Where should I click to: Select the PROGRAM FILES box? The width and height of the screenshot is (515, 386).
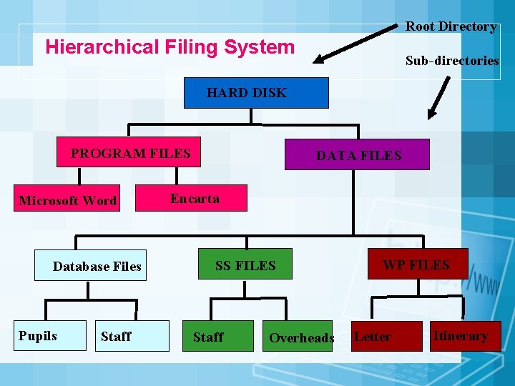[129, 153]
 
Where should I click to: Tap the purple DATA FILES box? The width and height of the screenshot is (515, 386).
[357, 154]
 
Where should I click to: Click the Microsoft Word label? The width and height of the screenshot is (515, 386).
[68, 200]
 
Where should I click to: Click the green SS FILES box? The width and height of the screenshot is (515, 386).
[245, 265]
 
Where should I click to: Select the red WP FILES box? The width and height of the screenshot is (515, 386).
[417, 264]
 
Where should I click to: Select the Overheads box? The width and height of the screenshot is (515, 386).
[301, 337]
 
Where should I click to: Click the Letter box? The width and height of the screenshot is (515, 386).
[387, 336]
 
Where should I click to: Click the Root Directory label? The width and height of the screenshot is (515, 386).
[451, 26]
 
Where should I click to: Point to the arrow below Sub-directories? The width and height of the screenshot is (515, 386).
[439, 97]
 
